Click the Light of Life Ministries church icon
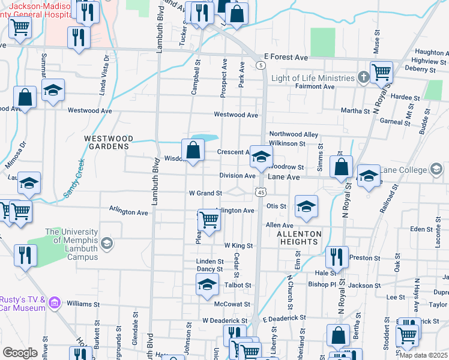(363, 78)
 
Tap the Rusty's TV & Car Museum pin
(55, 303)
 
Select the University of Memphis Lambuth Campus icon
(106, 243)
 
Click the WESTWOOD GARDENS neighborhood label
(107, 142)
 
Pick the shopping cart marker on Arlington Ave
(208, 220)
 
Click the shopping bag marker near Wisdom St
(193, 151)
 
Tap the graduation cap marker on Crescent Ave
(260, 157)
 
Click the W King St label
(238, 246)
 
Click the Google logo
(20, 353)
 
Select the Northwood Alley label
(293, 134)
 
